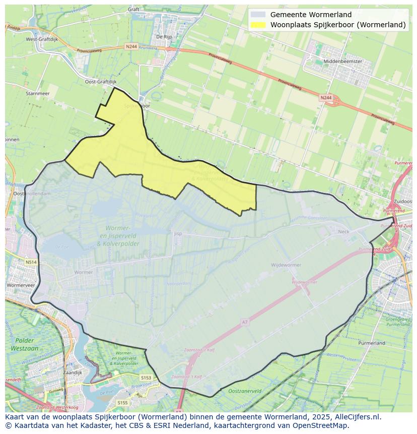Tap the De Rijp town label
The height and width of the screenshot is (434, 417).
164,36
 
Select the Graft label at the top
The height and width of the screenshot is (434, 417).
133,9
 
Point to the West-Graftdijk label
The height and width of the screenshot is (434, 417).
41,39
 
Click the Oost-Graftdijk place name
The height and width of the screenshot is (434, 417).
100,82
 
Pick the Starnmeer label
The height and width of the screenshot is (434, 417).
37,93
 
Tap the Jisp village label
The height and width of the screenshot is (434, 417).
177,233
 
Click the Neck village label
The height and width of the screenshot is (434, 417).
343,231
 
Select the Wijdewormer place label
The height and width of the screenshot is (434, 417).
286,265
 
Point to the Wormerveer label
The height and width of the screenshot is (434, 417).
21,285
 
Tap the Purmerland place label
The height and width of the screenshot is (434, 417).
372,343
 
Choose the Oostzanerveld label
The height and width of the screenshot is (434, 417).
245,391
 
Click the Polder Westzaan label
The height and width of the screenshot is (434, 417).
24,344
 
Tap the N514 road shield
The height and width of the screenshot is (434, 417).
31,262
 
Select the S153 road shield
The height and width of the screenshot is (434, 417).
146,378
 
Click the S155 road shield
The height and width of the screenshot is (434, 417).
122,403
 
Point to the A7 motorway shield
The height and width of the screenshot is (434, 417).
245,322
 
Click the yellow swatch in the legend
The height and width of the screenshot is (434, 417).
258,25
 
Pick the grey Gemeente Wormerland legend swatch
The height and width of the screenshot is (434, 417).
258,15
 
